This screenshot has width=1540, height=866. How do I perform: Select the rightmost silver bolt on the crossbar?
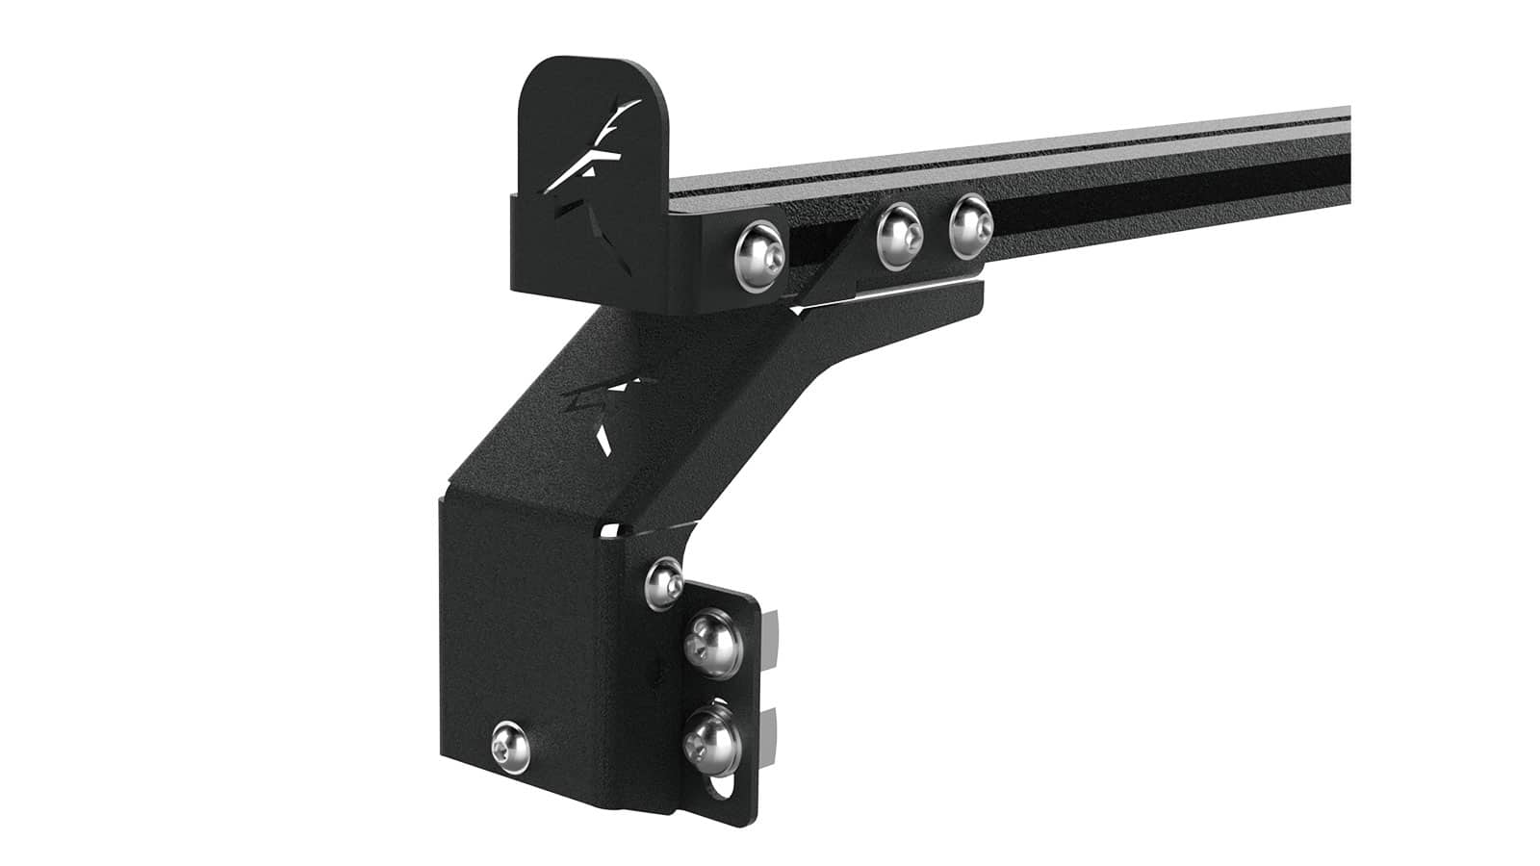(969, 225)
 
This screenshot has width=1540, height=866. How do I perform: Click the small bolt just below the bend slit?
(664, 579)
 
